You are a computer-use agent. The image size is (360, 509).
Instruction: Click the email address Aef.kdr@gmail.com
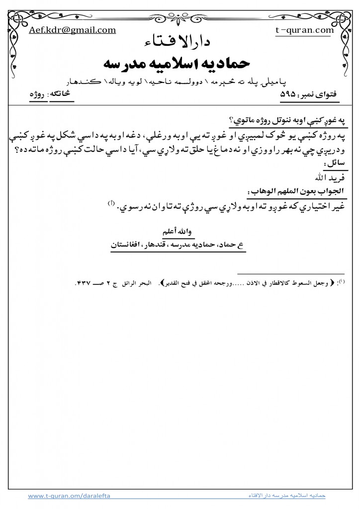[73, 30]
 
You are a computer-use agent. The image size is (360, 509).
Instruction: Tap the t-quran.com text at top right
[304, 30]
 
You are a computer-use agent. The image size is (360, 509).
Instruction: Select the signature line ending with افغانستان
[180, 245]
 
